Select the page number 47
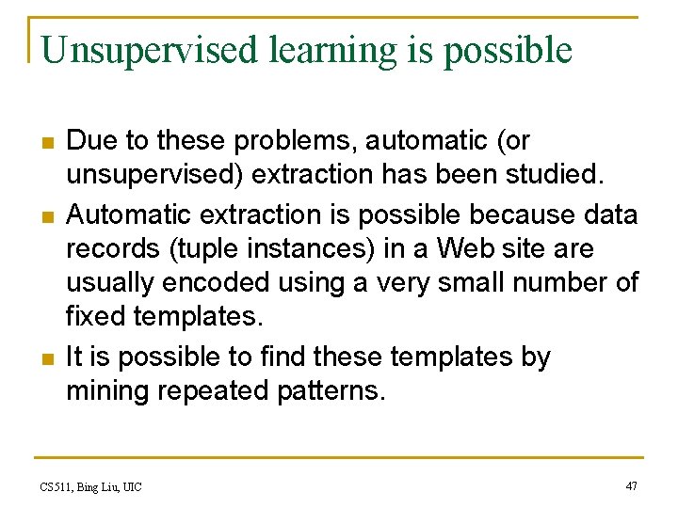point(631,486)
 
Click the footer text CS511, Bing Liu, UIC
point(91,486)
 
